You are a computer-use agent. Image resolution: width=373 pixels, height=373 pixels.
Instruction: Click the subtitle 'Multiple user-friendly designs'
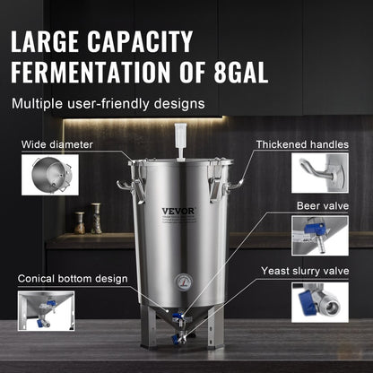point(108,103)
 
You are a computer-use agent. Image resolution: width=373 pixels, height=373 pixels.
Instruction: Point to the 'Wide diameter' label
point(57,143)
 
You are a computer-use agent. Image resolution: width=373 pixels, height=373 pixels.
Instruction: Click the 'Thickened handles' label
point(302,143)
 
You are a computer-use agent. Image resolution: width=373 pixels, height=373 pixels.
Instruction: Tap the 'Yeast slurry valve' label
point(304,269)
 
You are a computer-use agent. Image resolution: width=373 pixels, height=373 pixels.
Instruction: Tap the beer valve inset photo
point(319,237)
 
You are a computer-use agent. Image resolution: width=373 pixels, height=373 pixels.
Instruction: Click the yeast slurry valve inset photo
point(319,301)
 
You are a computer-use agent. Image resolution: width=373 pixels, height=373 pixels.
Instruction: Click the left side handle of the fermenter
point(126,189)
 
